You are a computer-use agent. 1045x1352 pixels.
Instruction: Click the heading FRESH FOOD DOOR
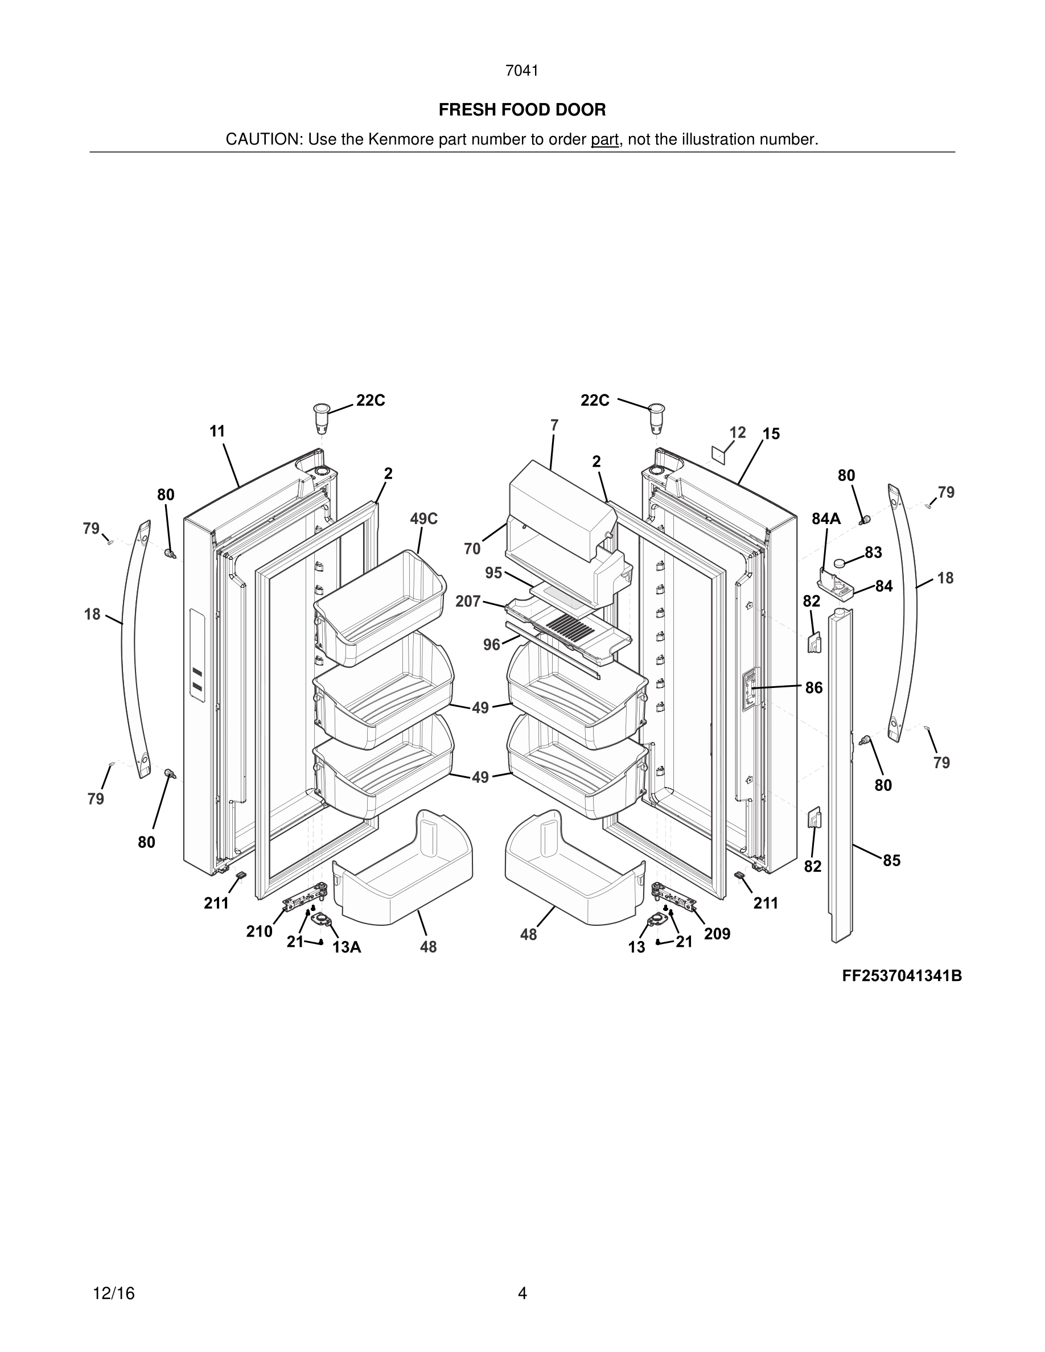tap(522, 110)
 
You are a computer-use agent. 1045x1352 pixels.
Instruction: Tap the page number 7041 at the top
tap(522, 71)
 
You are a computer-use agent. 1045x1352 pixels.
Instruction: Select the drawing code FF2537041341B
tap(902, 976)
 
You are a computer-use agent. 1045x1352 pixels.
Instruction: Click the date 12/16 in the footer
tap(113, 1293)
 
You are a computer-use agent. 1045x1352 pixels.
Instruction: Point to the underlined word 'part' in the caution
tap(604, 139)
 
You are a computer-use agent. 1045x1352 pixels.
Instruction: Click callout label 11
tap(217, 431)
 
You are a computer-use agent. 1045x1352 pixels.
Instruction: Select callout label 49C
tap(423, 519)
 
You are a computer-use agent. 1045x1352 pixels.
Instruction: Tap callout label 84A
tap(826, 519)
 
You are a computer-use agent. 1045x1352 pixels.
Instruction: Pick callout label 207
tap(468, 601)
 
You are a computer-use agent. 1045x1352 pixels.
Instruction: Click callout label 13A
tap(347, 947)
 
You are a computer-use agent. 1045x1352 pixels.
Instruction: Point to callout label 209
tap(717, 934)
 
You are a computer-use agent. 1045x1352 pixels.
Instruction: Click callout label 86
tap(813, 688)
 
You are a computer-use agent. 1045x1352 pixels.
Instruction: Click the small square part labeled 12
tap(718, 453)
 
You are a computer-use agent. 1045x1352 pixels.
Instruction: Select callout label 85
tap(891, 860)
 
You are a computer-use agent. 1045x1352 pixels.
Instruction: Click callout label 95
tap(493, 572)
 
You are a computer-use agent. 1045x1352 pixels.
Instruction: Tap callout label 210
tap(259, 931)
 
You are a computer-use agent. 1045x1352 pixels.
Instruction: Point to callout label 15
tap(771, 434)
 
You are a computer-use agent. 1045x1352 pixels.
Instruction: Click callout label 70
tap(472, 549)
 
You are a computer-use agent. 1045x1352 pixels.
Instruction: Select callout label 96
tap(492, 645)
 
